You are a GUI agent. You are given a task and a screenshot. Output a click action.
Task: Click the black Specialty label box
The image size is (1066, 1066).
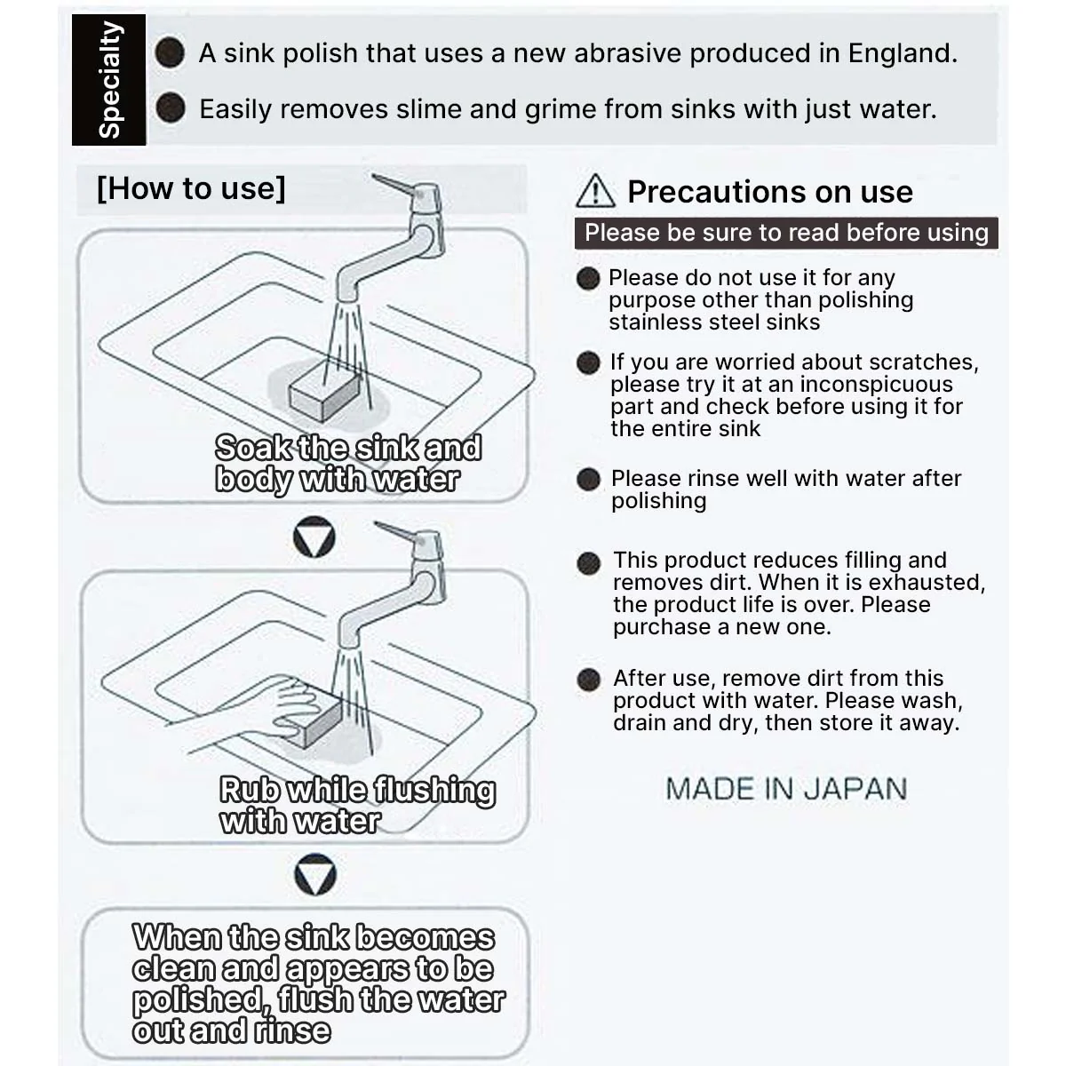(x=108, y=80)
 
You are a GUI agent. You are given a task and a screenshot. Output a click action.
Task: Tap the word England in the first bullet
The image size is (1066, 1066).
(x=903, y=53)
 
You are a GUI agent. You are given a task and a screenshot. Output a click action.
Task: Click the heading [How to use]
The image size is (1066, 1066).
(x=191, y=188)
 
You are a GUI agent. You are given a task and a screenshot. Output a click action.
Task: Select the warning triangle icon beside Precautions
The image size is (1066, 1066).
(x=595, y=191)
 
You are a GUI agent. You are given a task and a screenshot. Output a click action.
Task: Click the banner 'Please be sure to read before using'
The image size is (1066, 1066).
(x=786, y=233)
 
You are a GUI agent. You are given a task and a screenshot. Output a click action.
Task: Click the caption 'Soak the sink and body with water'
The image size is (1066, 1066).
(x=348, y=463)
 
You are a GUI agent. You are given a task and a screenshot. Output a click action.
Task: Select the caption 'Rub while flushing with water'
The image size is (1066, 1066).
(x=357, y=805)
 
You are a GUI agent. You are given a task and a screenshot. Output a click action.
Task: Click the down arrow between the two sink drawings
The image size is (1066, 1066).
(x=314, y=537)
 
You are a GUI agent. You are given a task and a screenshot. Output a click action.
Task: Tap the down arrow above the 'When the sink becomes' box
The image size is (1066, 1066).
(x=315, y=874)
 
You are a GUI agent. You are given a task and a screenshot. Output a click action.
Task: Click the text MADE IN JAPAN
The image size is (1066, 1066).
(x=786, y=788)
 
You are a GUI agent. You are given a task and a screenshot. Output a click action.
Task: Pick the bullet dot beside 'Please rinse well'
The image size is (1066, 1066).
(x=588, y=479)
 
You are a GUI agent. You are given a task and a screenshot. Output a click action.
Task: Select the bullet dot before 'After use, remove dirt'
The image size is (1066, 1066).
(x=588, y=680)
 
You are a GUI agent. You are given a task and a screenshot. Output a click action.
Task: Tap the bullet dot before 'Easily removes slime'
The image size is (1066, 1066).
(x=171, y=107)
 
